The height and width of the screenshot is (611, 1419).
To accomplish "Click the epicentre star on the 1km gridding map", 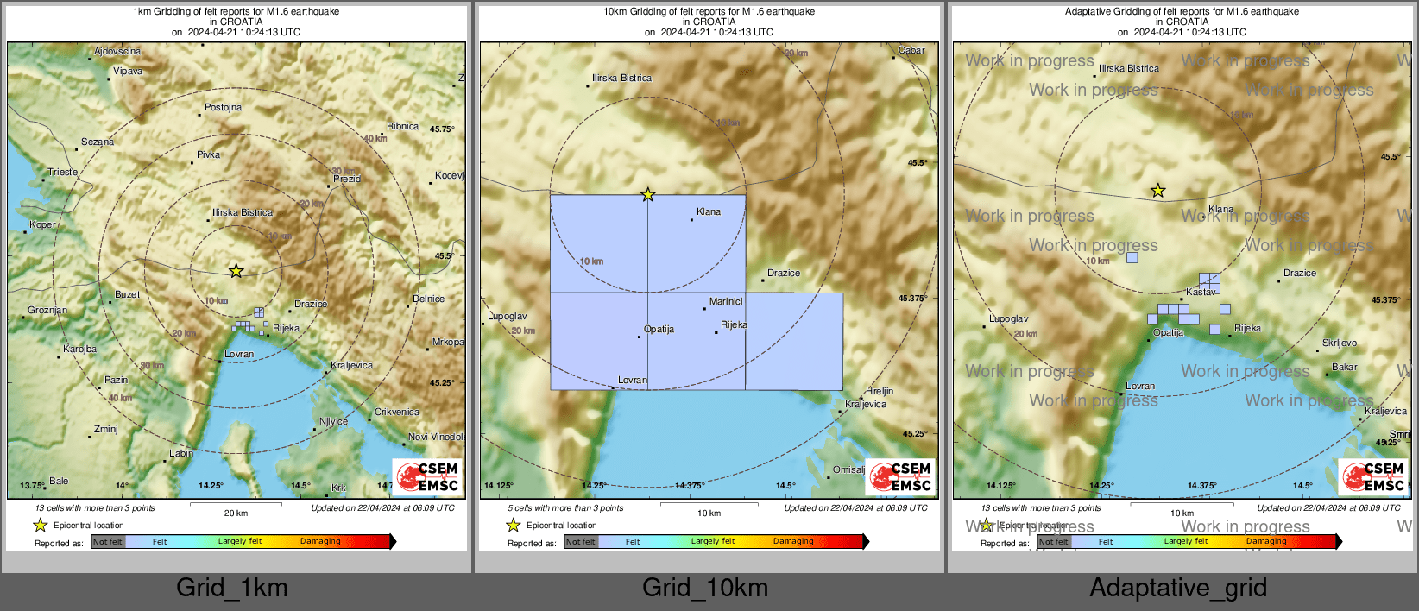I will click(x=236, y=271).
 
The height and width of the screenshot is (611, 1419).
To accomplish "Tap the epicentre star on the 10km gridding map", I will click(x=647, y=195).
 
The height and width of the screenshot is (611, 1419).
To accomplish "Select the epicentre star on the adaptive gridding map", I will click(x=1157, y=191).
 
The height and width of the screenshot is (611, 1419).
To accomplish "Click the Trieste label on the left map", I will click(x=62, y=172).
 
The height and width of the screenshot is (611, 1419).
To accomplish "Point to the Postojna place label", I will click(x=223, y=108).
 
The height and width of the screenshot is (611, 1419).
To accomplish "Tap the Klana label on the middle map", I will click(x=708, y=212).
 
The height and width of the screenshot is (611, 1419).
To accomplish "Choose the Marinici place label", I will click(x=725, y=302).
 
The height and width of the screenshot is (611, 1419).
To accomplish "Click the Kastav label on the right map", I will click(x=1200, y=293).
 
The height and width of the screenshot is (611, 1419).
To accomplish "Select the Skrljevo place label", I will click(x=1339, y=343).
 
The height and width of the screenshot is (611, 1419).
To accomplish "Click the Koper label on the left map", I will click(x=42, y=225).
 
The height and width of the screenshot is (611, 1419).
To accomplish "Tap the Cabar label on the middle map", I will click(x=911, y=51).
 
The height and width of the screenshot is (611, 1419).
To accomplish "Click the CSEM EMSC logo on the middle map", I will click(x=901, y=476).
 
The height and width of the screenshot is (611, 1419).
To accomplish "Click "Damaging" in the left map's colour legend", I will click(x=320, y=542).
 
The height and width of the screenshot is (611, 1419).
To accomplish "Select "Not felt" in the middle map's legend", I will click(x=580, y=542).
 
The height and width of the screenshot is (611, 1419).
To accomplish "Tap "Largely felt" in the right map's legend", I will click(x=1185, y=542).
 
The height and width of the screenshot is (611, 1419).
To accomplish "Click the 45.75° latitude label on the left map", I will click(x=441, y=129).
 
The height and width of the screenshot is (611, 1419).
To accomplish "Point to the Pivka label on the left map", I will click(x=208, y=155).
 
